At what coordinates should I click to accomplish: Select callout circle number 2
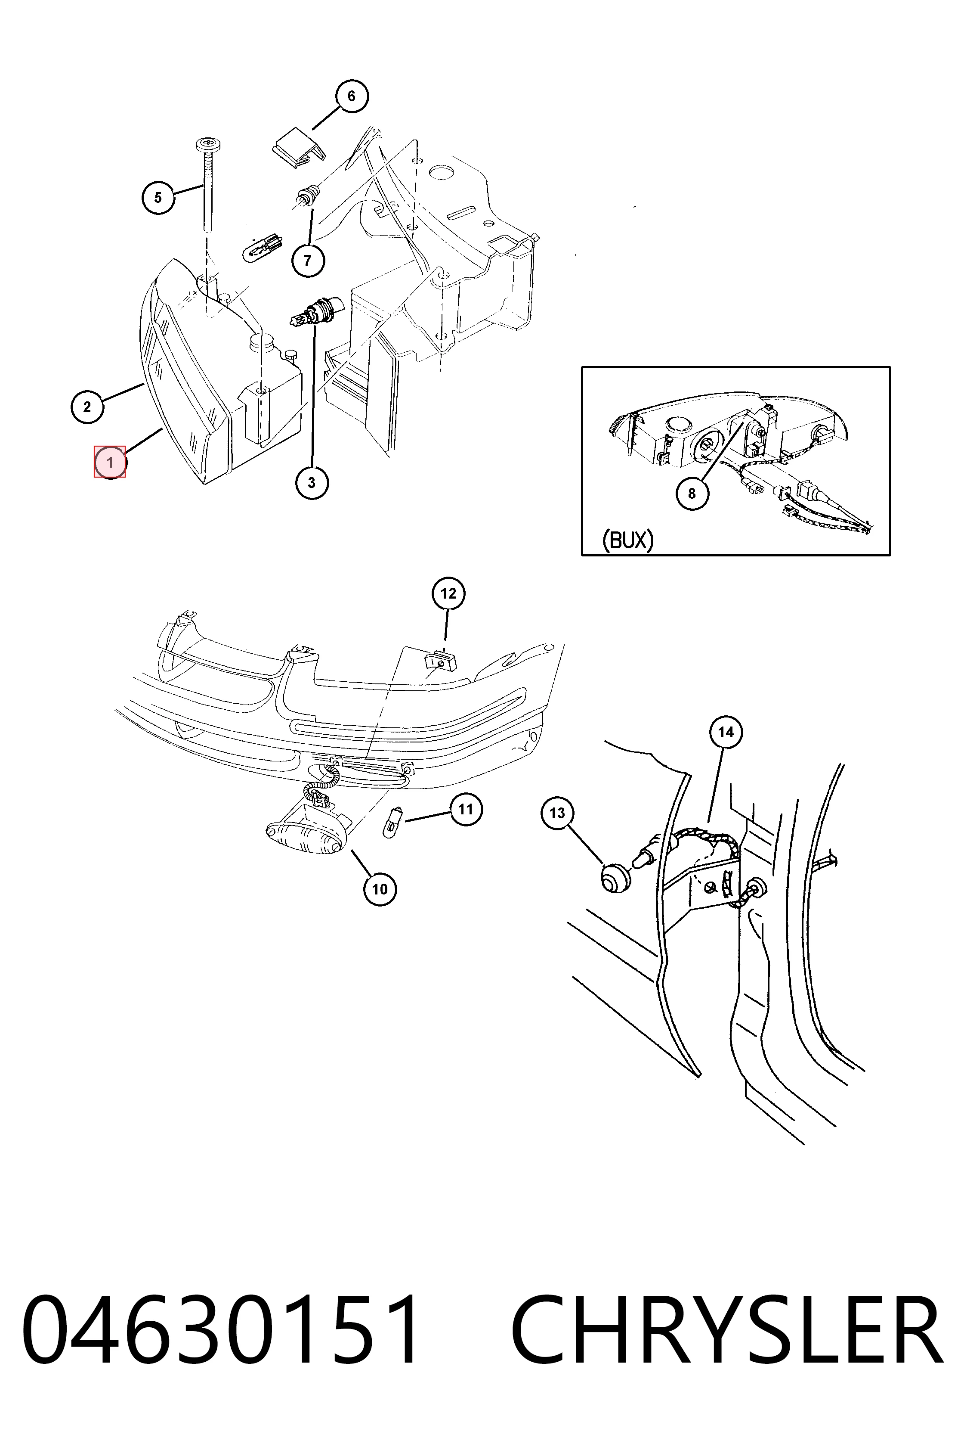tap(87, 406)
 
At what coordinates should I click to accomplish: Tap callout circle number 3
tap(312, 483)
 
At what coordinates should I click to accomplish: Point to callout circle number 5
tap(158, 198)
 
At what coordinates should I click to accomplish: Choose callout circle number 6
tap(351, 96)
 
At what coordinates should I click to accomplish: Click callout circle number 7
tap(307, 260)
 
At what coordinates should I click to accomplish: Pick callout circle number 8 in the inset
tap(692, 494)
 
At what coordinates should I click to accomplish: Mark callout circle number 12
tap(448, 594)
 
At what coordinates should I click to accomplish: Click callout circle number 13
tap(557, 814)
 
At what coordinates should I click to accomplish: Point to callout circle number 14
tap(726, 732)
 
